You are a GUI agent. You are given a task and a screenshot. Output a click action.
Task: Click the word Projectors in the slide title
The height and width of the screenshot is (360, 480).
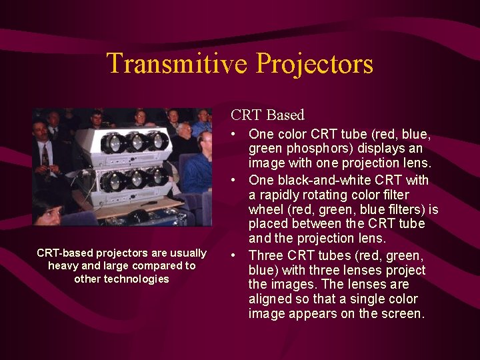(314, 64)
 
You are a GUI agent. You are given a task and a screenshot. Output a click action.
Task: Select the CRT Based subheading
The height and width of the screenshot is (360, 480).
(267, 115)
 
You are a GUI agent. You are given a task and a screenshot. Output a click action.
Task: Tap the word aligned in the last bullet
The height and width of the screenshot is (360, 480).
(271, 299)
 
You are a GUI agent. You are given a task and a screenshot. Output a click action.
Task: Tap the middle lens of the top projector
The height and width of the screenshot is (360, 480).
(137, 141)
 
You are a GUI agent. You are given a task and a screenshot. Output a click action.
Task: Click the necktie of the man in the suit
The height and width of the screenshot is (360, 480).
(45, 156)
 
